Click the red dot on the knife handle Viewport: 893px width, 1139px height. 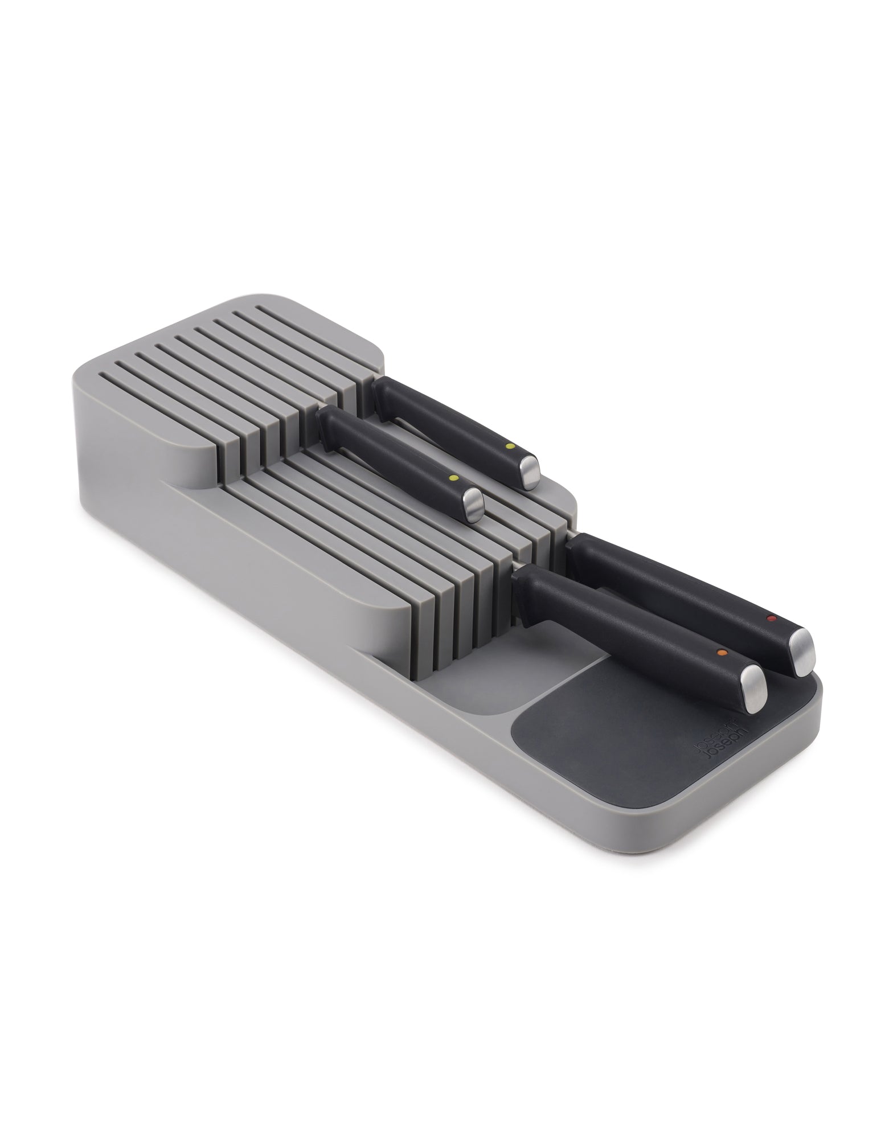pyautogui.click(x=771, y=618)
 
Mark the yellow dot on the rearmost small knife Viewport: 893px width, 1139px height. pyautogui.click(x=510, y=431)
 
